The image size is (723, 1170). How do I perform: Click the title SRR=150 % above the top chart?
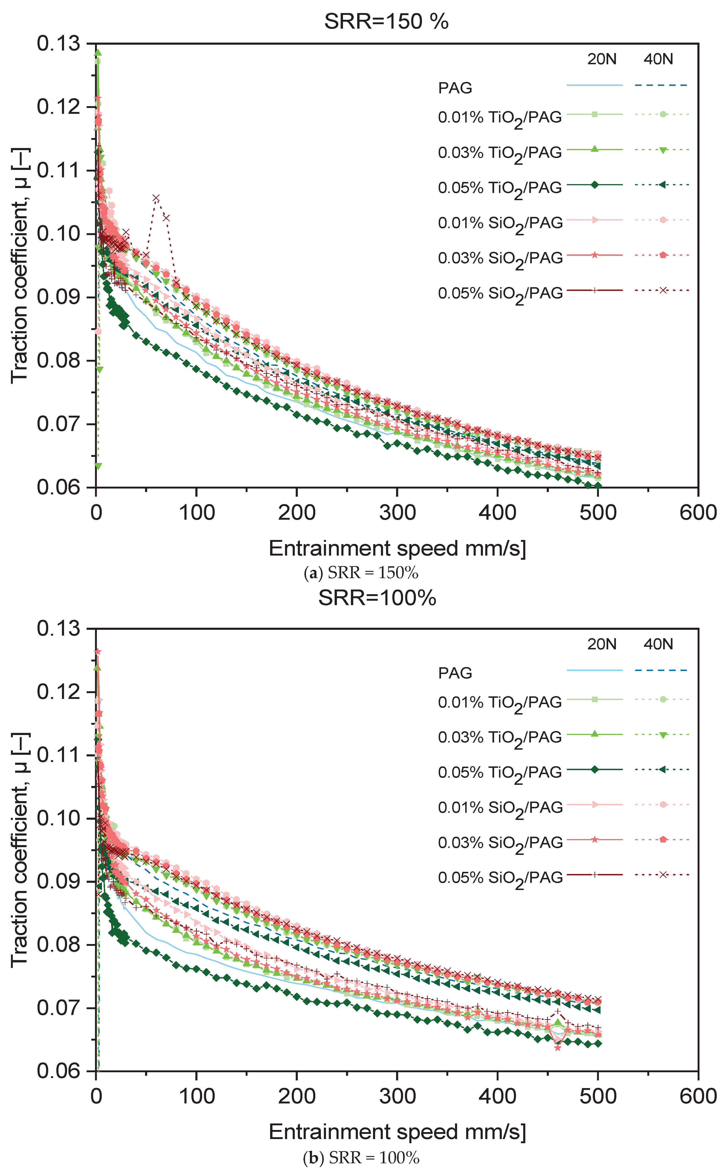[386, 21]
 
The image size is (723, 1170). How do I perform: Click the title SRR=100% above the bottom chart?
[377, 598]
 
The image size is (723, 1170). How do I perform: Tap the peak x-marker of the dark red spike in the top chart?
[156, 198]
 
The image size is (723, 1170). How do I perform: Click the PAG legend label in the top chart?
[455, 88]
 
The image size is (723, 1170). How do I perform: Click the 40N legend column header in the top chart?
[658, 59]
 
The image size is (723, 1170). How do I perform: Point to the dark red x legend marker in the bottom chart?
[663, 875]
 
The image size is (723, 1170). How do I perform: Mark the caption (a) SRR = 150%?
[361, 573]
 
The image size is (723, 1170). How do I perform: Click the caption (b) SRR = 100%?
[361, 1158]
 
